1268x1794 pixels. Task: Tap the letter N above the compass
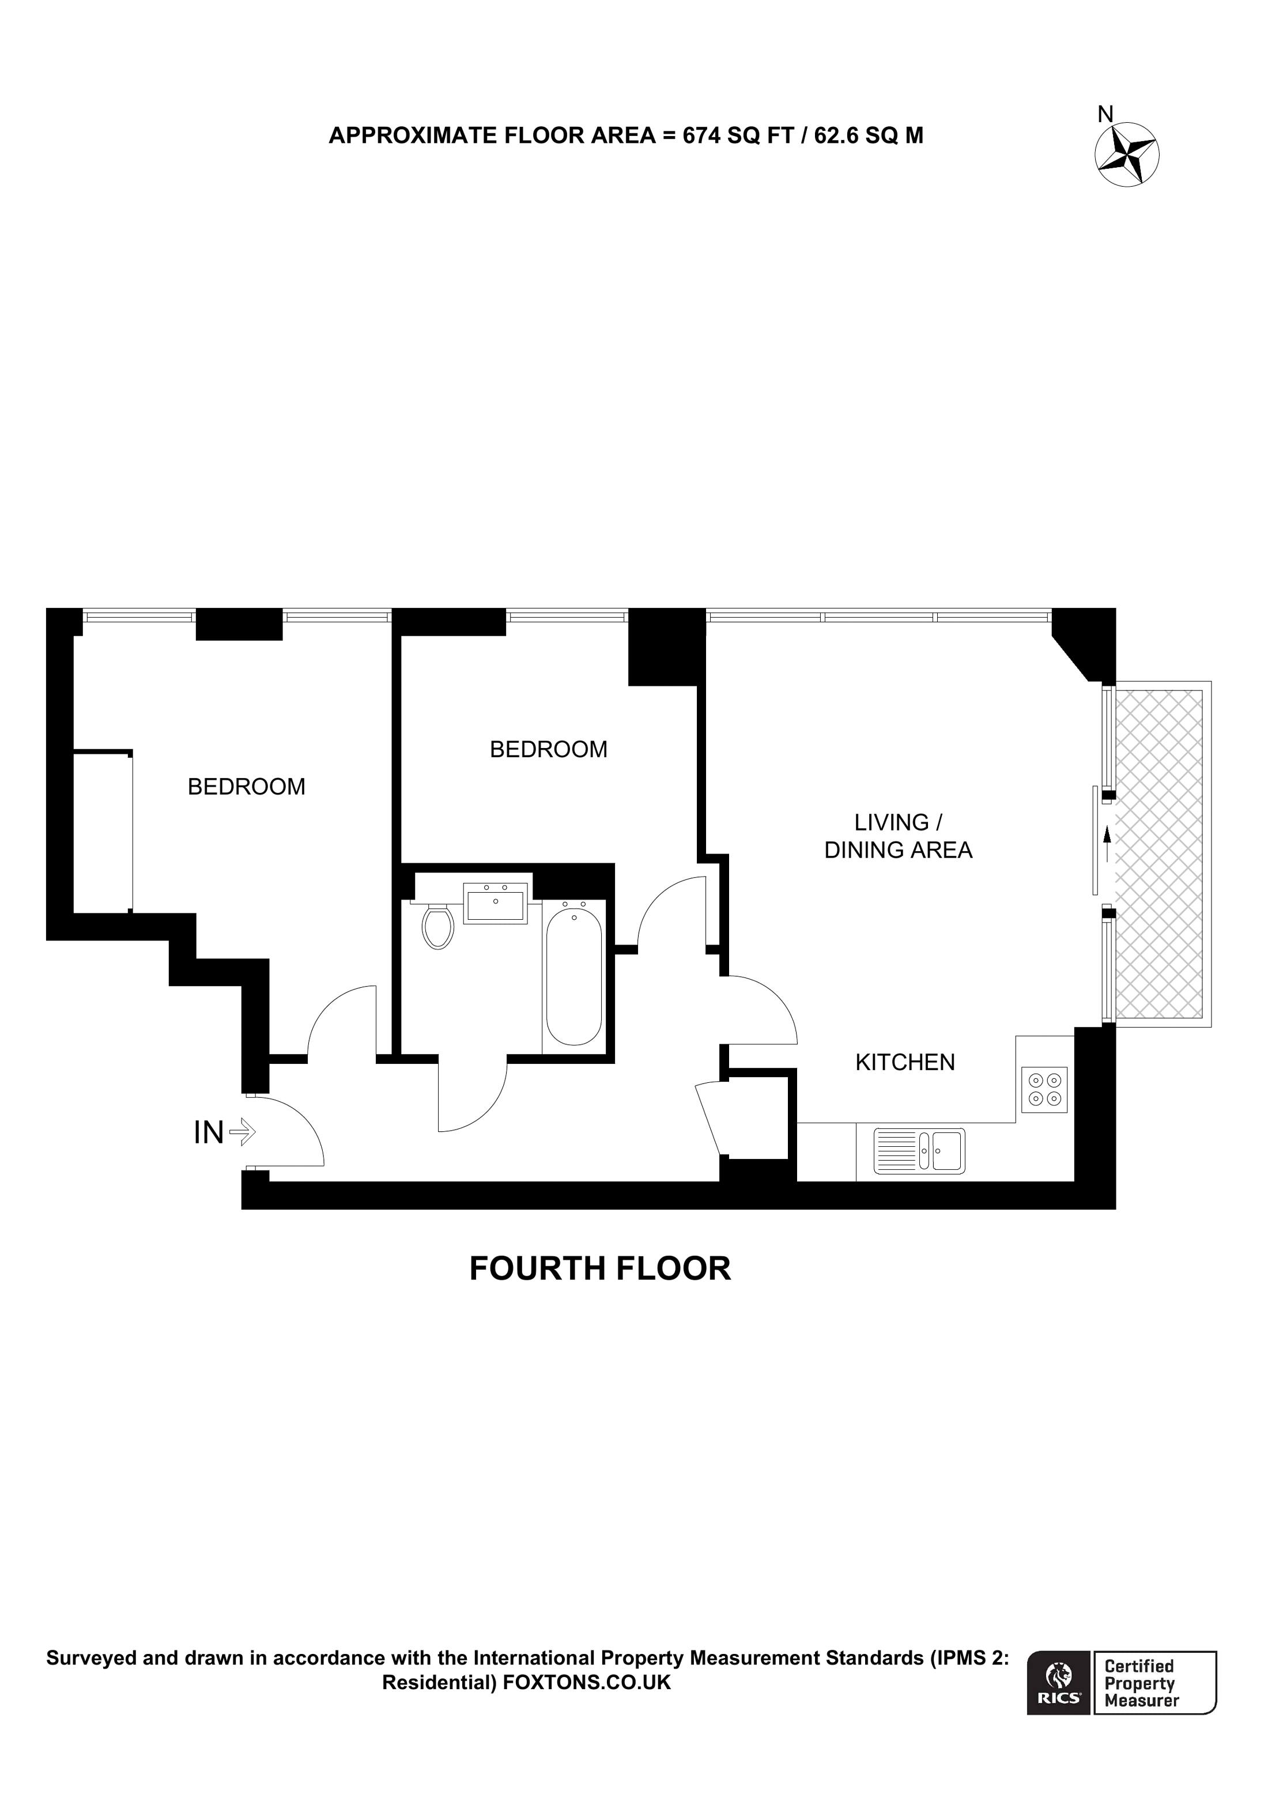click(1105, 115)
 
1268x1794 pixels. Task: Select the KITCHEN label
click(905, 1063)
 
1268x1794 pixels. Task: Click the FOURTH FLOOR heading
click(599, 1269)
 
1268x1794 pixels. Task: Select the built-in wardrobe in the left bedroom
click(103, 832)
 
